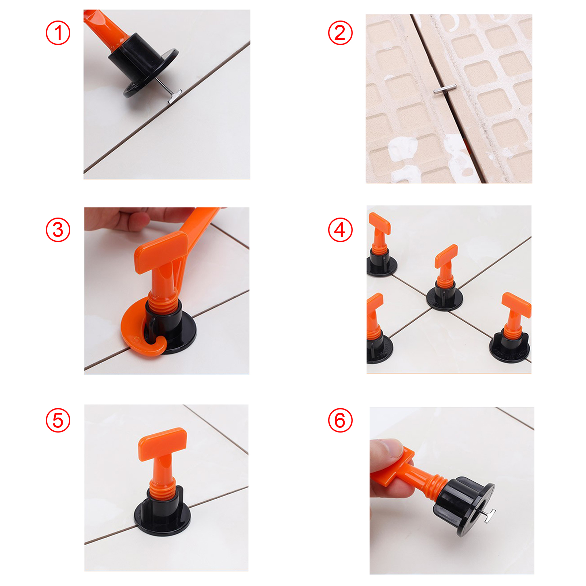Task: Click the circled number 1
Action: click(58, 33)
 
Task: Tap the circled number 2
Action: click(340, 33)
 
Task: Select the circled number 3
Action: click(58, 230)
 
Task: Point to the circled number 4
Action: click(340, 230)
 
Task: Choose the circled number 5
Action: click(58, 420)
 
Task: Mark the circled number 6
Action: click(340, 420)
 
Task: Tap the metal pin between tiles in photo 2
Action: click(444, 90)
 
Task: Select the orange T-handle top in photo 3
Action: click(161, 253)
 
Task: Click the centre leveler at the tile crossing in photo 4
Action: click(445, 282)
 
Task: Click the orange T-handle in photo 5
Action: click(162, 443)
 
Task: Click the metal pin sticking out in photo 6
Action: click(489, 515)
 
